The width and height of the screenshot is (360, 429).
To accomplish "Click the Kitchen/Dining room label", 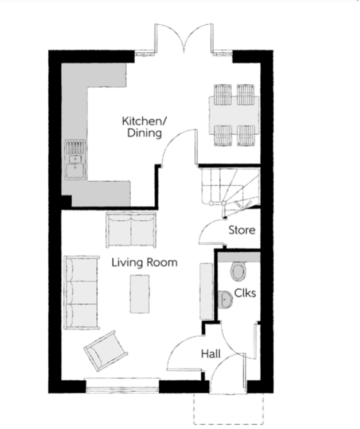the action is [144, 127].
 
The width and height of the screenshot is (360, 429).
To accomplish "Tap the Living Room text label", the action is [144, 263].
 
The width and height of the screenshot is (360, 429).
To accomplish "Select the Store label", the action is [242, 230].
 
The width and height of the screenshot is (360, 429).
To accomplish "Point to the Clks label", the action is [245, 293].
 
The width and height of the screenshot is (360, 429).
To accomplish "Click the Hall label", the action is [211, 354].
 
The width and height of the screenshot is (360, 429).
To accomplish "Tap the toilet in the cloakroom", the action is [238, 271].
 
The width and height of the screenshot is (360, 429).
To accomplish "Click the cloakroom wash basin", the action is [225, 299].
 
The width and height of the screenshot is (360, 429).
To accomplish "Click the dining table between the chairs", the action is [234, 115].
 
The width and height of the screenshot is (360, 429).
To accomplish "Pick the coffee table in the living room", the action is [140, 294].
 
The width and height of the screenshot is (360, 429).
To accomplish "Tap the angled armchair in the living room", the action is [105, 350].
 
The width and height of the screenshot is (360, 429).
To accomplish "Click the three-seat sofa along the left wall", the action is [81, 292].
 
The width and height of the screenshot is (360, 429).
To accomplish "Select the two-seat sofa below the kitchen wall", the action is [131, 229].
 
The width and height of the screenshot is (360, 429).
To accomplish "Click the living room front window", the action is [122, 385].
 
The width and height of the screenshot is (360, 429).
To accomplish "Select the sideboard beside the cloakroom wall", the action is [206, 292].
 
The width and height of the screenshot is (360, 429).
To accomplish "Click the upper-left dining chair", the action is [222, 95].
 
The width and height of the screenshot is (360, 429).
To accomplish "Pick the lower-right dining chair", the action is [246, 136].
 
